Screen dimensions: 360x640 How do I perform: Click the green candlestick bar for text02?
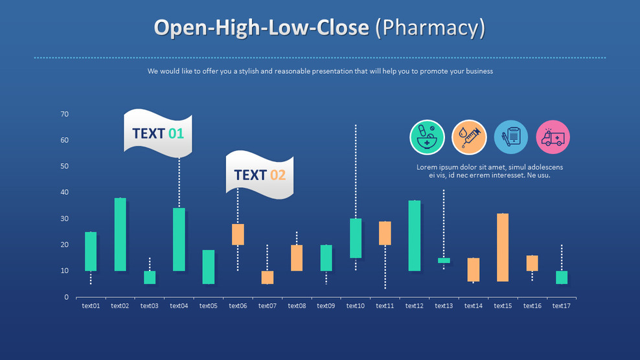[x=120, y=234]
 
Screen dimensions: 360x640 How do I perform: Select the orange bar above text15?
[x=502, y=247]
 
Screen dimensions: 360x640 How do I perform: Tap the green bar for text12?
[x=415, y=236]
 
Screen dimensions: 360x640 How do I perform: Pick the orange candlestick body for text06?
[x=238, y=234]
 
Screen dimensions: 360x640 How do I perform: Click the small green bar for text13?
[x=444, y=260]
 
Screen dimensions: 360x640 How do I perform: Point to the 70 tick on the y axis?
[x=65, y=115]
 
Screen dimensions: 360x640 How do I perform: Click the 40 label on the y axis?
[x=65, y=192]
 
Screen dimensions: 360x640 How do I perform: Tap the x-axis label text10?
[x=356, y=306]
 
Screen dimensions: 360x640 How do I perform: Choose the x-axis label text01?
[x=91, y=306]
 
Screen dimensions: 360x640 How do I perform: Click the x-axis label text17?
[x=561, y=306]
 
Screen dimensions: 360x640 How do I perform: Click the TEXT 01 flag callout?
[x=158, y=134]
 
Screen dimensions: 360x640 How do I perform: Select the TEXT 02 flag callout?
[x=260, y=175]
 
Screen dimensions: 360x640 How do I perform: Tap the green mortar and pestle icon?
[x=427, y=137]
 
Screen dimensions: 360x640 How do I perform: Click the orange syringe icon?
[x=469, y=137]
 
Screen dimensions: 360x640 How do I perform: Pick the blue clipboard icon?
[x=511, y=137]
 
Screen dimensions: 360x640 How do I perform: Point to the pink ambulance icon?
[x=553, y=137]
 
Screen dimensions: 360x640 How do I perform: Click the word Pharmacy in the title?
[x=429, y=28]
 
